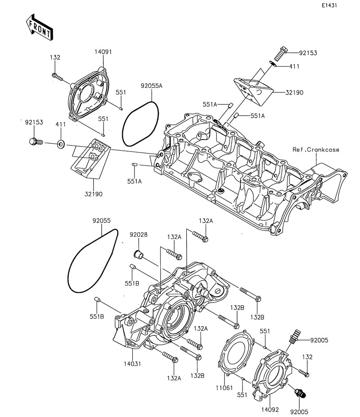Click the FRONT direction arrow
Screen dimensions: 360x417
tap(40, 27)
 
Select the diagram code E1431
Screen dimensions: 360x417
tap(329, 5)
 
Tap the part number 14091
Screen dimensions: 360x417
tap(103, 52)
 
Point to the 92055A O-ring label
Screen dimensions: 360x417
tap(152, 86)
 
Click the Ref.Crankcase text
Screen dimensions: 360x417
tap(316, 150)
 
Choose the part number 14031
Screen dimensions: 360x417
tap(132, 363)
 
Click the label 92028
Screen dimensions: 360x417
tap(139, 235)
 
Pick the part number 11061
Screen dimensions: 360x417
tap(224, 388)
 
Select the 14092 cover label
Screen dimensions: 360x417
tap(270, 409)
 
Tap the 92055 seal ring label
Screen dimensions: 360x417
tap(102, 221)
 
